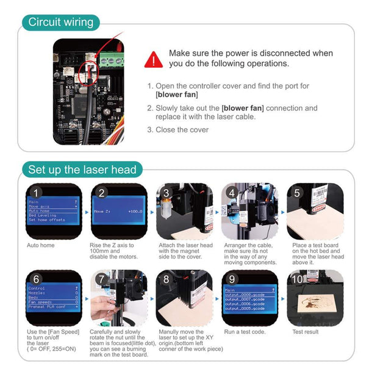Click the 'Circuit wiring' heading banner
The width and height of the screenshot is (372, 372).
click(62, 23)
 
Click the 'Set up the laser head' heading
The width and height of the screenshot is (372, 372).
click(82, 169)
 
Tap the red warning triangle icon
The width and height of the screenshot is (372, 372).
click(154, 59)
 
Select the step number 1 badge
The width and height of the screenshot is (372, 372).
click(37, 193)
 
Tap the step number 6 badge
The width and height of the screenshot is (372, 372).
click(37, 280)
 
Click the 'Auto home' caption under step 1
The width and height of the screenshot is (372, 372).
click(40, 245)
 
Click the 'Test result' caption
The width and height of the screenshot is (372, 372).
click(305, 332)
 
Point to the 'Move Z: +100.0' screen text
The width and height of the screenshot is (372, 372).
click(118, 211)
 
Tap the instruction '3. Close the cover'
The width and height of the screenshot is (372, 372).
click(178, 130)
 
